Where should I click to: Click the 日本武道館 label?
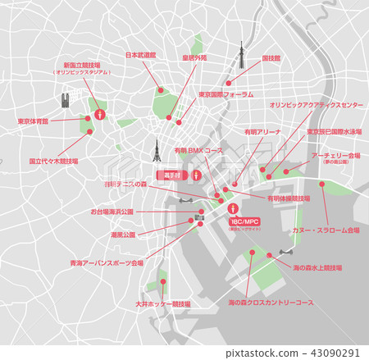point(142,56)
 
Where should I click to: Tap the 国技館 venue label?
point(271,59)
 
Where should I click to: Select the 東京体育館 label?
point(33,121)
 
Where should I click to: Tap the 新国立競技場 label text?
point(81,65)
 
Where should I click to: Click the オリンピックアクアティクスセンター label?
point(316,106)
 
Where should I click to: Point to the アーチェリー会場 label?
point(337,155)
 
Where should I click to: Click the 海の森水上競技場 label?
point(317,267)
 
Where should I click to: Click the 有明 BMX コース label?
point(198,151)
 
